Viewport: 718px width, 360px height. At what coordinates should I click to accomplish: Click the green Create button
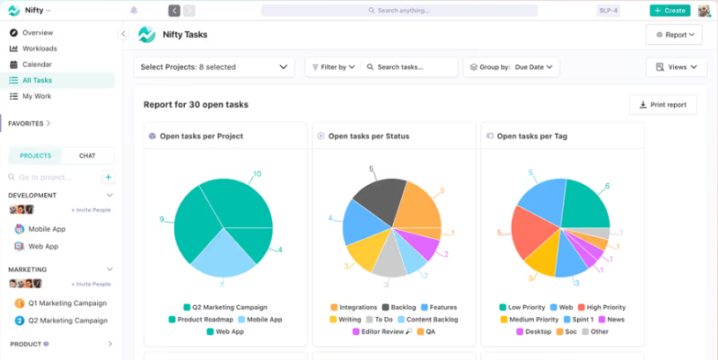[x=670, y=11]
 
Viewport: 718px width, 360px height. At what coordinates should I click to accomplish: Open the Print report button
[x=662, y=105]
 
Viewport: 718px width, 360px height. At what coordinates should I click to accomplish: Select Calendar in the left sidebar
[x=37, y=65]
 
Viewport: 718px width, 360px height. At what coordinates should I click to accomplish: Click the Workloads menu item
[x=39, y=48]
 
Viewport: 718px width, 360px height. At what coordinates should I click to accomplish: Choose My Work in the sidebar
[x=37, y=96]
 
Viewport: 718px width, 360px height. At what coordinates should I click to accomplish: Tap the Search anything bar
[x=399, y=11]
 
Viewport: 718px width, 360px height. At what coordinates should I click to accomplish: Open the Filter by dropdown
[x=332, y=66]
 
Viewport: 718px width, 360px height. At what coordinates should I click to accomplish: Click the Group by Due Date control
[x=511, y=66]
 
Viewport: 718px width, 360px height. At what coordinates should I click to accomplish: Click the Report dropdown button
[x=673, y=35]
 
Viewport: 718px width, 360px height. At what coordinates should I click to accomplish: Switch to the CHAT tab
[x=87, y=155]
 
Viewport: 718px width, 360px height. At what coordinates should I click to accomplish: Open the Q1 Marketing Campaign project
[x=66, y=303]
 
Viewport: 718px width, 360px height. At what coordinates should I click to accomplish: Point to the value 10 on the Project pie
[x=257, y=174]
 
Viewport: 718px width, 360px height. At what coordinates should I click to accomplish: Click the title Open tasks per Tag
[x=531, y=136]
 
